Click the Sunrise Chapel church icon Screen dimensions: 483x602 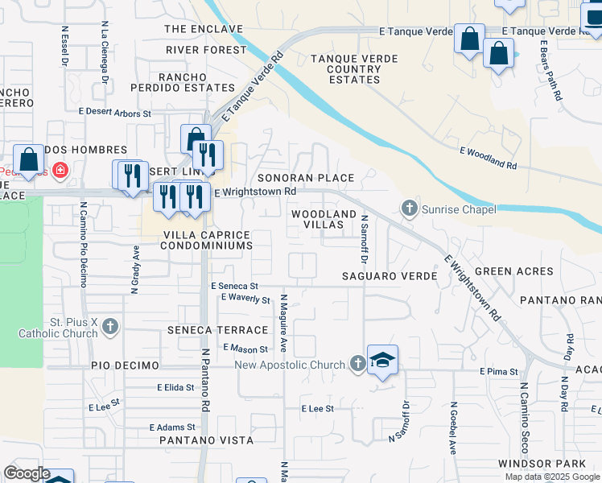coord(410,209)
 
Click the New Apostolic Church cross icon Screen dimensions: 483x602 coord(358,365)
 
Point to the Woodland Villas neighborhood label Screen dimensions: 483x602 coord(324,220)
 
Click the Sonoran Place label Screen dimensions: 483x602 coord(305,178)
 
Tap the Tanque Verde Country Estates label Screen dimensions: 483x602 coord(345,68)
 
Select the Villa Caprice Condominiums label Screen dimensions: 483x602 coord(207,240)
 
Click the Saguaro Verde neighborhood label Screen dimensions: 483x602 coord(390,276)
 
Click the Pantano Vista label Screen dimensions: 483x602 coord(206,440)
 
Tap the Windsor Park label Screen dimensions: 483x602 coord(549,464)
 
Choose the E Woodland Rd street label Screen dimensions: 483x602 coord(488,157)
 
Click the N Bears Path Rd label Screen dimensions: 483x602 coord(550,70)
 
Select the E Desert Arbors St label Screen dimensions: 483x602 coord(114,114)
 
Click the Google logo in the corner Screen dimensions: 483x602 coord(27,473)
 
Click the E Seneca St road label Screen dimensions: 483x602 coord(234,286)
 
